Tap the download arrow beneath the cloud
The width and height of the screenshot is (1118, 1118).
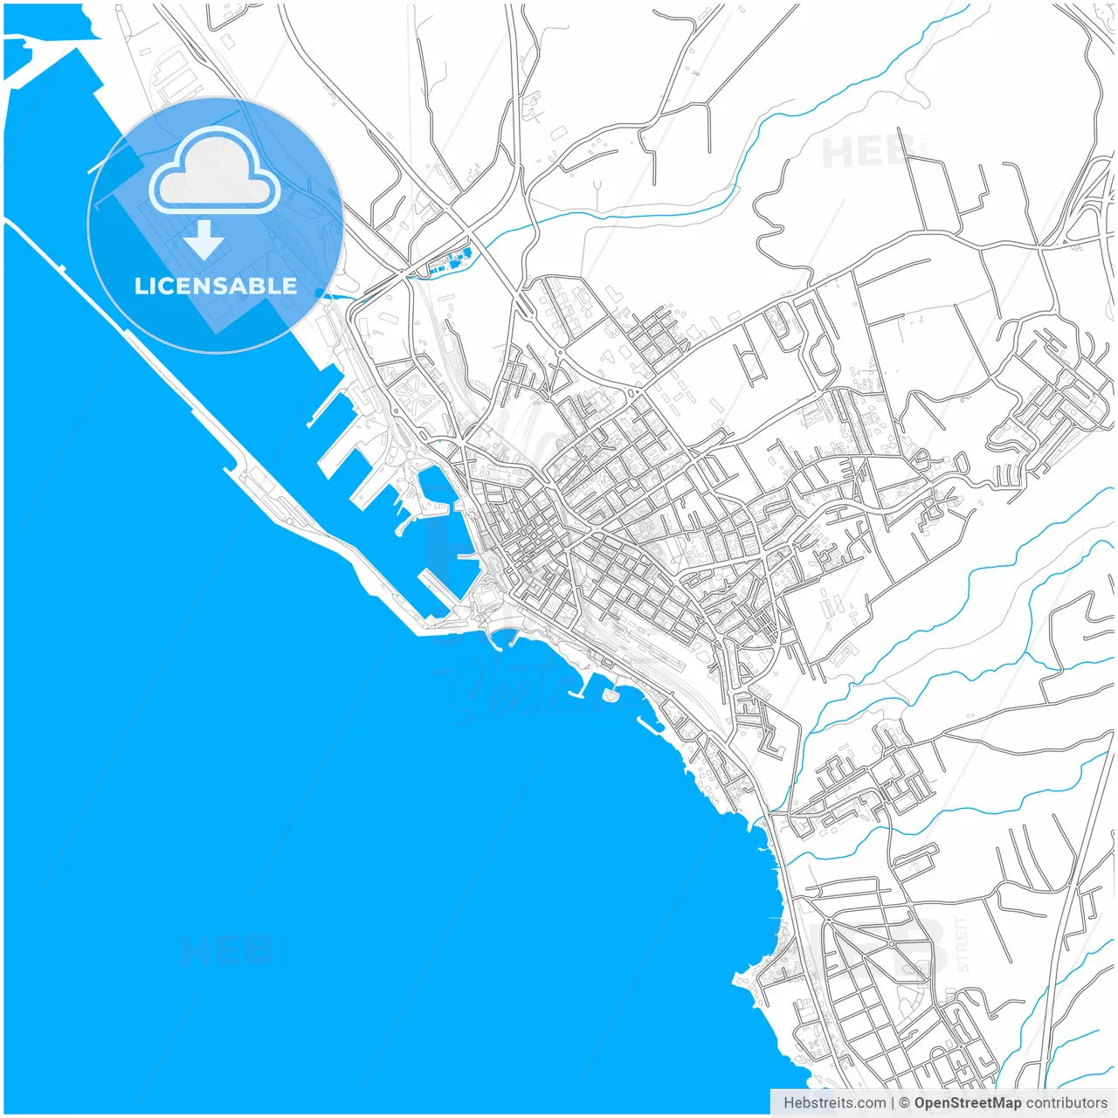point(205,240)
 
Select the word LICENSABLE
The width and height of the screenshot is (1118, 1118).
point(215,286)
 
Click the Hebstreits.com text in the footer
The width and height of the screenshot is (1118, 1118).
point(834,1102)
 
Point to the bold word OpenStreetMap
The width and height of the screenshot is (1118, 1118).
point(967,1102)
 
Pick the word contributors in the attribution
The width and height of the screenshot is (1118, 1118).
point(1066,1102)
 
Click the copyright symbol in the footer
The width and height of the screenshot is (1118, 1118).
point(905,1102)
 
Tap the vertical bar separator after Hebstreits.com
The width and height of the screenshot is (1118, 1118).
point(893,1102)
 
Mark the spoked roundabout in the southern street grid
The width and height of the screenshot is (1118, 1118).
point(890,943)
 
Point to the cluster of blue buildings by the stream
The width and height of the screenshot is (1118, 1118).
point(452,260)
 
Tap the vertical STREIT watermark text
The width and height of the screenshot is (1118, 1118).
point(962,943)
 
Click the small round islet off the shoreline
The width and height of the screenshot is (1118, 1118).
point(609,695)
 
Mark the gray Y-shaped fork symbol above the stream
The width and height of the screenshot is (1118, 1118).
point(597,187)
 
